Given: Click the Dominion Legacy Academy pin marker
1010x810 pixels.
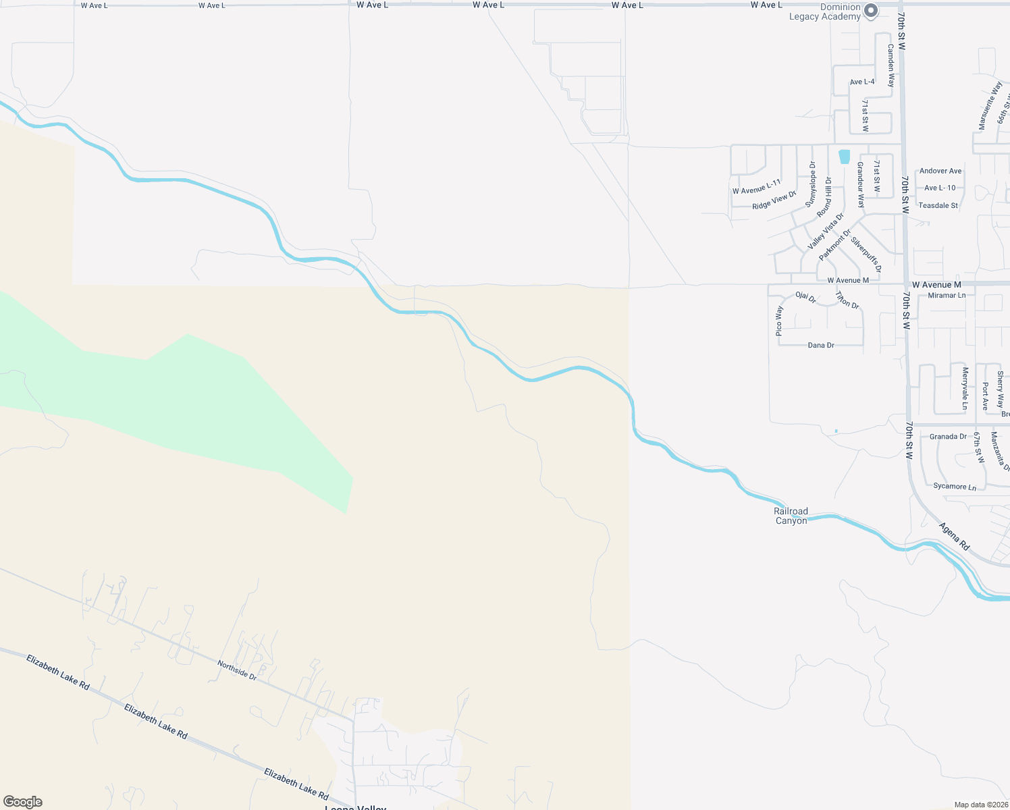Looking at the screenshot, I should [871, 11].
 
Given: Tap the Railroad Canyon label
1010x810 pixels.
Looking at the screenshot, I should [791, 516].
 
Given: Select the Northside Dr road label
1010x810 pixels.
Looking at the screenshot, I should [237, 670].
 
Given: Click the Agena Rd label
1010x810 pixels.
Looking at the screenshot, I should [954, 536].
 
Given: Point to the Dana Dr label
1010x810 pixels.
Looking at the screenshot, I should [821, 345].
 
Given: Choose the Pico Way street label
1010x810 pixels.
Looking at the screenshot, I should [779, 321].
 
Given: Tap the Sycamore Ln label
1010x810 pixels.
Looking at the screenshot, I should [954, 487].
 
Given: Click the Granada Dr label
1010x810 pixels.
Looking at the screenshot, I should [948, 437].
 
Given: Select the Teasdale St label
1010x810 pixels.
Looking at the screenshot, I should [938, 205].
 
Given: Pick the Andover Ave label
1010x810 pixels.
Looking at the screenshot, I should [940, 171].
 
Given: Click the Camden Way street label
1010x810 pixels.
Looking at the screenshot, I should [891, 65].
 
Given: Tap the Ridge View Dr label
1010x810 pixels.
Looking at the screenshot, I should [774, 200].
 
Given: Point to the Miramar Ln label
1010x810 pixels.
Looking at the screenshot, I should [947, 295].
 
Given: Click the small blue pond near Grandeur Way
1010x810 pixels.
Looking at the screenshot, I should [845, 157].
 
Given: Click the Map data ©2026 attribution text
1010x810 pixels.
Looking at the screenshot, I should [980, 805].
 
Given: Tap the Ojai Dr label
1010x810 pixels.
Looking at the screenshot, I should [805, 297].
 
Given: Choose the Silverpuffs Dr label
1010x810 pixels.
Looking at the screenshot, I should [866, 254].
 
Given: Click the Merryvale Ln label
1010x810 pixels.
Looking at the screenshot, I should [965, 388].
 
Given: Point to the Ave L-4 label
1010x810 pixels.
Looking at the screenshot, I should [862, 82].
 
